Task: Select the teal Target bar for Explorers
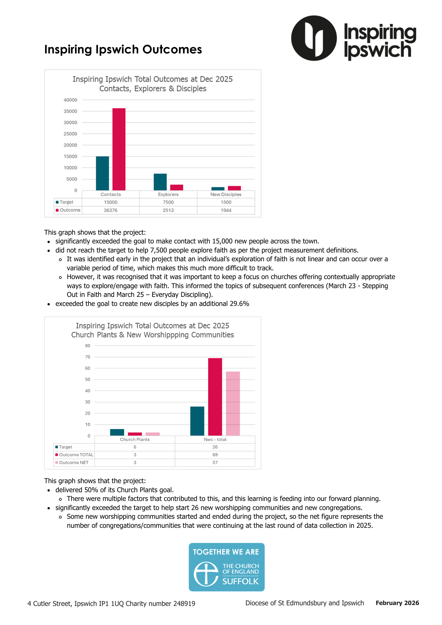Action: pyautogui.click(x=160, y=182)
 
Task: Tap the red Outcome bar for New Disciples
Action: pyautogui.click(x=234, y=188)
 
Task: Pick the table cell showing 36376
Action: pyautogui.click(x=111, y=210)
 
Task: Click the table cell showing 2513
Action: pyautogui.click(x=168, y=210)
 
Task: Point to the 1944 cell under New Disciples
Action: pyautogui.click(x=226, y=210)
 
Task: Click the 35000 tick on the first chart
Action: pyautogui.click(x=70, y=111)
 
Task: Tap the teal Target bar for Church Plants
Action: pyautogui.click(x=117, y=432)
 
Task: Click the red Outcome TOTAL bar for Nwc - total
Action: pyautogui.click(x=215, y=397)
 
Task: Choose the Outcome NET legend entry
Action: pyautogui.click(x=74, y=462)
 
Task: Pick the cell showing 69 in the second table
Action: pyautogui.click(x=215, y=455)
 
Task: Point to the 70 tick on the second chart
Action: pyautogui.click(x=88, y=357)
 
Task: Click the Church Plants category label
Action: pyautogui.click(x=135, y=439)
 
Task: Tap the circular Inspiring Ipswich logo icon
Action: pyautogui.click(x=314, y=38)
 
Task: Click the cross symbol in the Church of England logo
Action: pyautogui.click(x=206, y=574)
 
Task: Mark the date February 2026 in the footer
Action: pyautogui.click(x=397, y=603)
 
